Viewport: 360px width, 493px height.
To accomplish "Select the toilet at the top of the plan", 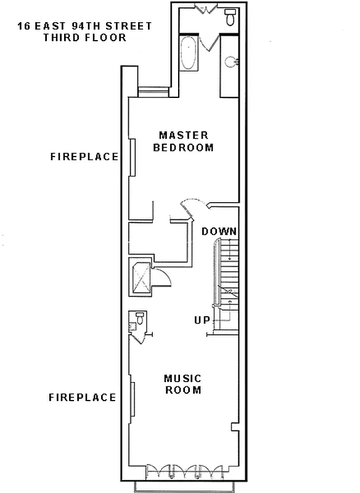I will [x=231, y=16].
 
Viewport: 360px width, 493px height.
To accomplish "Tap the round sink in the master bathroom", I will [x=231, y=62].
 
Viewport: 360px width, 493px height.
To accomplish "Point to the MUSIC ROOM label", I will [x=182, y=384].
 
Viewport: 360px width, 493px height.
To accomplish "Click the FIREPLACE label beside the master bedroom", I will [x=84, y=157].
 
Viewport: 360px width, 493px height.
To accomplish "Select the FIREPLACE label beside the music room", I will [x=83, y=397].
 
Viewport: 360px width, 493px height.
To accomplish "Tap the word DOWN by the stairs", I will [x=219, y=231].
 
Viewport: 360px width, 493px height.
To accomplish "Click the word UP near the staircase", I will [x=202, y=320].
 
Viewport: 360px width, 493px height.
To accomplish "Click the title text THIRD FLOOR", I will [x=84, y=38].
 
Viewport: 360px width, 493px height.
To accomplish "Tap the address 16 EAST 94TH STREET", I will [x=84, y=26].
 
